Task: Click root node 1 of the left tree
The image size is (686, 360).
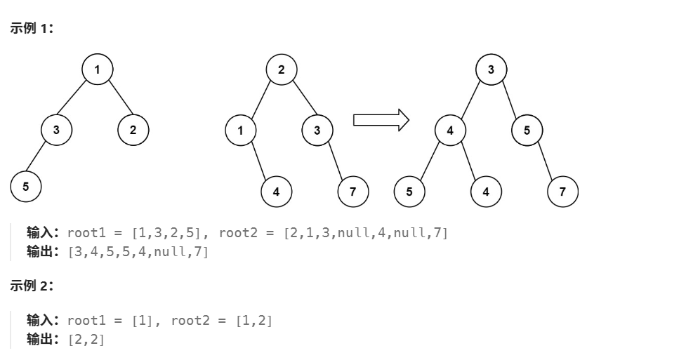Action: click(97, 69)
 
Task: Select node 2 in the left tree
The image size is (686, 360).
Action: click(133, 129)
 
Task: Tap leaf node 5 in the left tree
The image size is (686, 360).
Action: click(26, 186)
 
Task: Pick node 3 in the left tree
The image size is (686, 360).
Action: click(56, 129)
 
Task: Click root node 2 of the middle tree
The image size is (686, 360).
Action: click(282, 69)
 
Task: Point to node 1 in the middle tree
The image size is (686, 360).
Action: click(241, 130)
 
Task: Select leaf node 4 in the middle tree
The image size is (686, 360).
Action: click(277, 192)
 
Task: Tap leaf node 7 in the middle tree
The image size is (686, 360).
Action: click(352, 192)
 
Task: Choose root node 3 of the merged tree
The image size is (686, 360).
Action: click(491, 69)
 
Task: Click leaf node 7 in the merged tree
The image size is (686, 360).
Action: click(562, 192)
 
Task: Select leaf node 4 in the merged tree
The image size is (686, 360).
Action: click(486, 192)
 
